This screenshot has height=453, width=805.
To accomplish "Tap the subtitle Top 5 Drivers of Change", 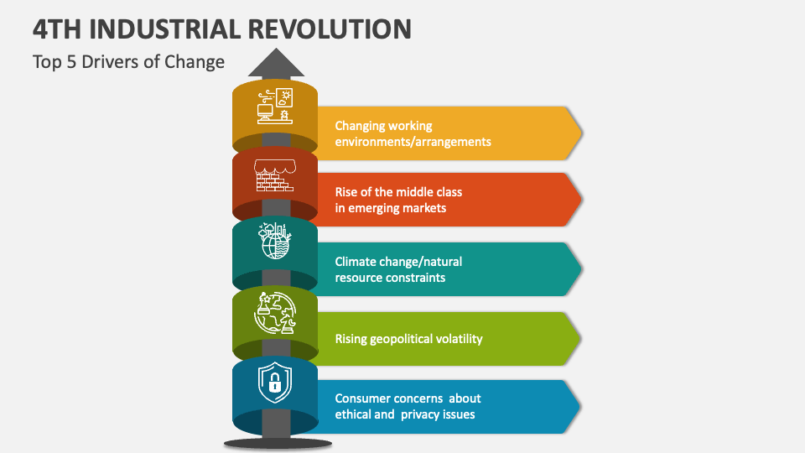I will click(x=128, y=61).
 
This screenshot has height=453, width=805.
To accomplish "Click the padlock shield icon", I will click(x=274, y=383).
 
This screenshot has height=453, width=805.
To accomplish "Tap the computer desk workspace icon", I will click(x=275, y=106).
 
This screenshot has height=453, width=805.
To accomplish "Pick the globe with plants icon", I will click(x=275, y=242).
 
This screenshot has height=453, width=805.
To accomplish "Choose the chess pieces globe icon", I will click(x=275, y=313).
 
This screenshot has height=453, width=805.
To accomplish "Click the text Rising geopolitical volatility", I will click(x=408, y=339).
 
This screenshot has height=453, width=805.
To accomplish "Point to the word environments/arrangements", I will click(x=413, y=142).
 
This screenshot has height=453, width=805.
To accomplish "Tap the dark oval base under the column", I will click(x=275, y=442).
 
